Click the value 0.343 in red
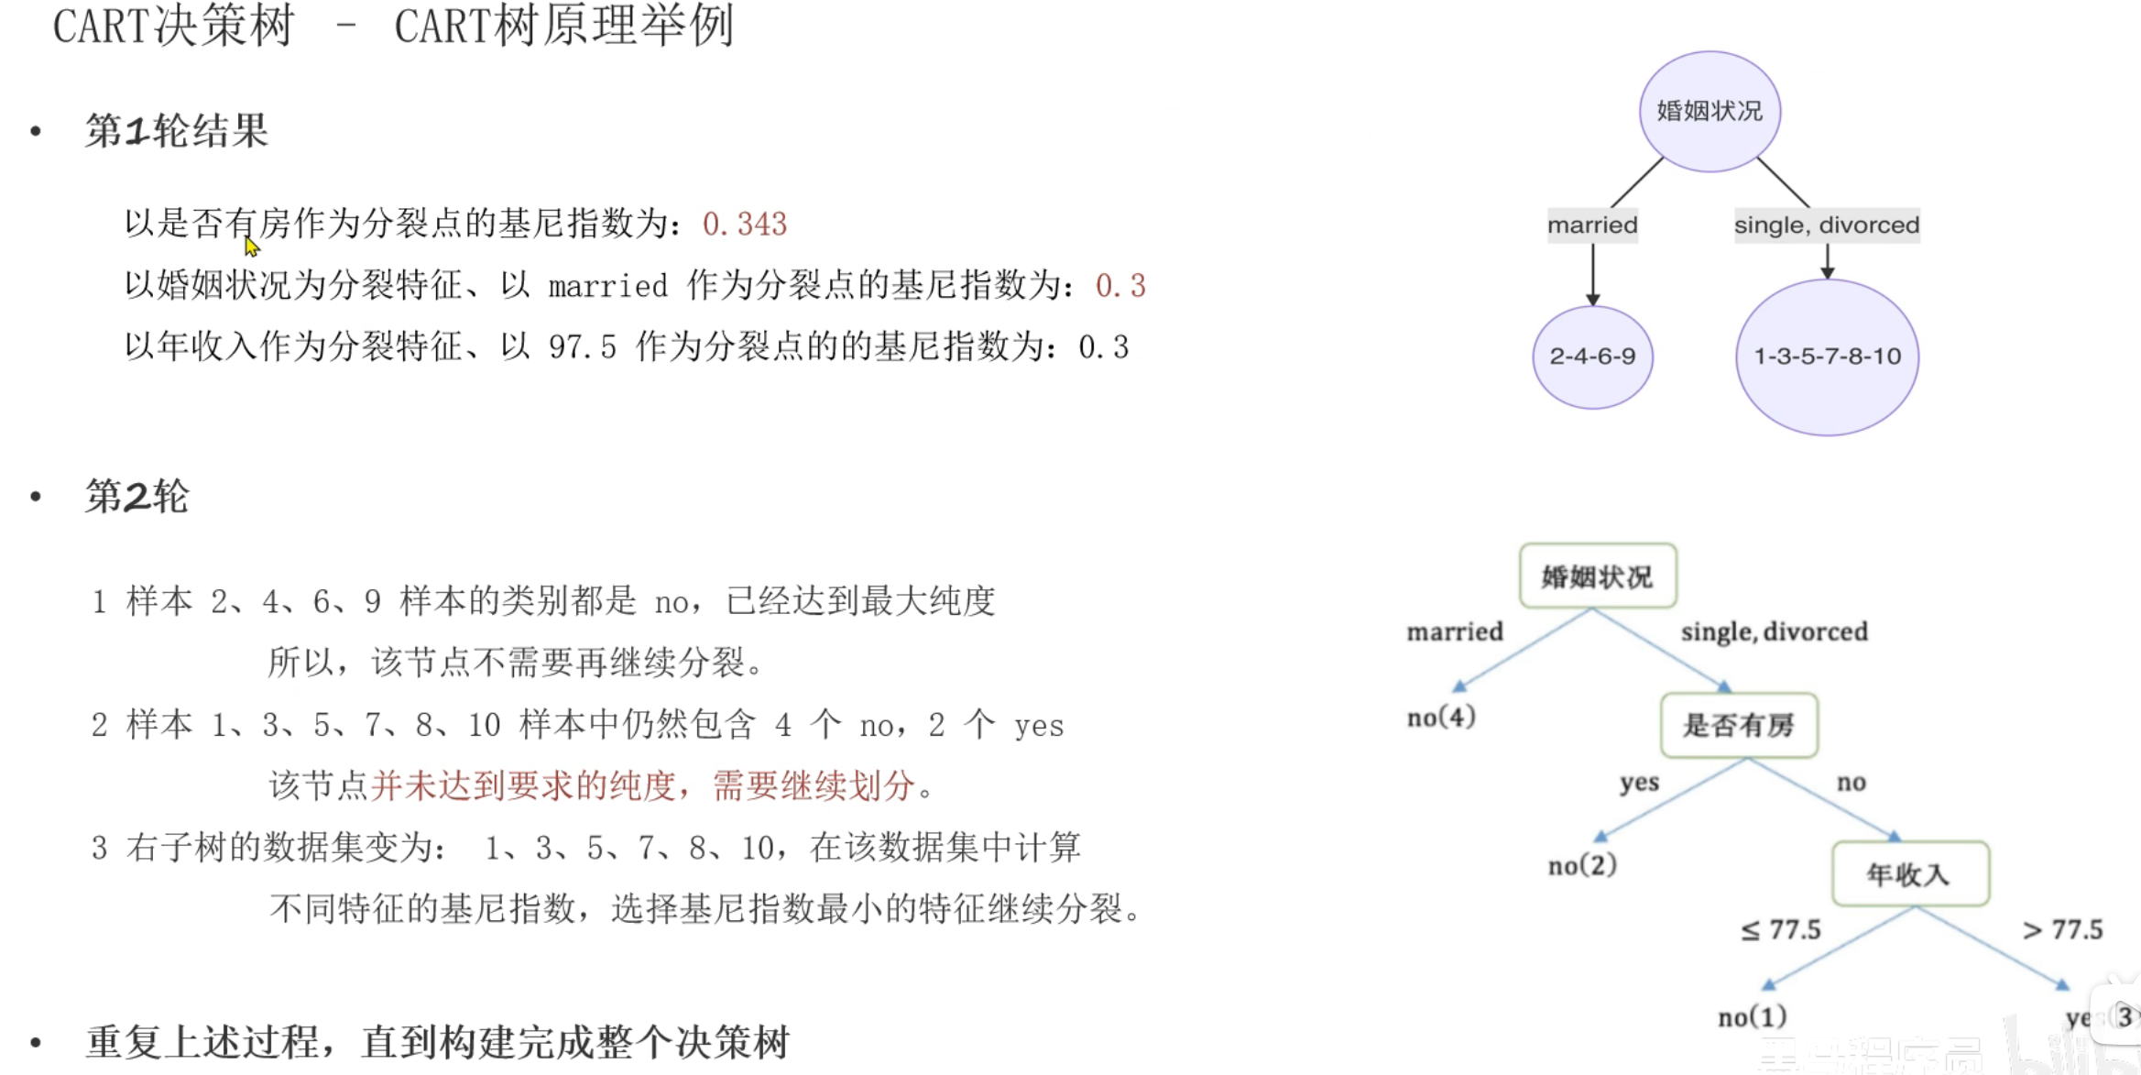[x=744, y=224]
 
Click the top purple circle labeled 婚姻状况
[x=1710, y=111]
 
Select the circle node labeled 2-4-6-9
[x=1592, y=357]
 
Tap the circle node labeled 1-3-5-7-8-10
[x=1827, y=357]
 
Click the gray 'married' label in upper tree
[x=1592, y=225]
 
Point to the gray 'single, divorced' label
[x=1826, y=225]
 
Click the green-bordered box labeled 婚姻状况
[x=1598, y=576]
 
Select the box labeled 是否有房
[x=1739, y=726]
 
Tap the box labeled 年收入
[x=1910, y=874]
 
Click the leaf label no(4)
[x=1441, y=717]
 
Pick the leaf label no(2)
[x=1582, y=865]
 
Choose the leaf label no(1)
[x=1752, y=1016]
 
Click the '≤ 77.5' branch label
[x=1780, y=930]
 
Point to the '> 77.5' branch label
[x=2062, y=930]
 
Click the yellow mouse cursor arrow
[x=252, y=247]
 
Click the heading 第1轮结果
[x=176, y=131]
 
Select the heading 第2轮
[x=137, y=497]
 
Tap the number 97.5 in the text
[x=582, y=347]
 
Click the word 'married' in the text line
[x=607, y=286]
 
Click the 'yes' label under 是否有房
[x=1639, y=783]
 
